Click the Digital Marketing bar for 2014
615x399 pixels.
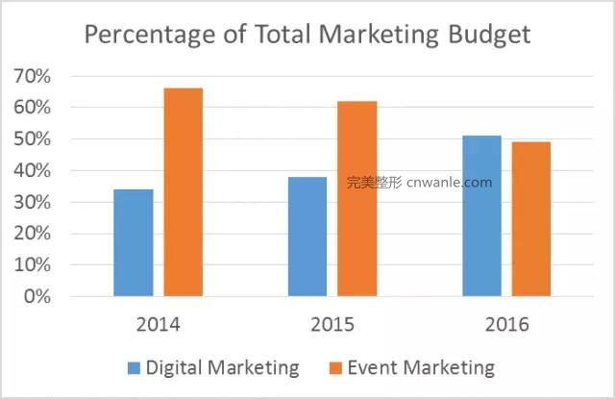[x=133, y=242]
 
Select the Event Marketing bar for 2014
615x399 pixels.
[x=183, y=192]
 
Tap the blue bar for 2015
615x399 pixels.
[x=307, y=237]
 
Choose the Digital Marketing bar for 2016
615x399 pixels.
[x=481, y=215]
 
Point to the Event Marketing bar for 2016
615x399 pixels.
[x=531, y=219]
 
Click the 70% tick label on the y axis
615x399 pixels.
[x=31, y=76]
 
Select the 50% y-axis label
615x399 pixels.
[x=31, y=139]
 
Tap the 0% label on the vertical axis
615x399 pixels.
[x=36, y=296]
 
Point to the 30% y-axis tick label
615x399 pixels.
[x=31, y=202]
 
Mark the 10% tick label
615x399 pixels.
[x=31, y=264]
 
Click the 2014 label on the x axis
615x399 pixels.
[x=158, y=324]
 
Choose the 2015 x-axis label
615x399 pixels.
[x=332, y=324]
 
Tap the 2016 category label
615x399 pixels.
[x=506, y=324]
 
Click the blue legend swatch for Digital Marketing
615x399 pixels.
[x=134, y=368]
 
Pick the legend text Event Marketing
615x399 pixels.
[x=421, y=368]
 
